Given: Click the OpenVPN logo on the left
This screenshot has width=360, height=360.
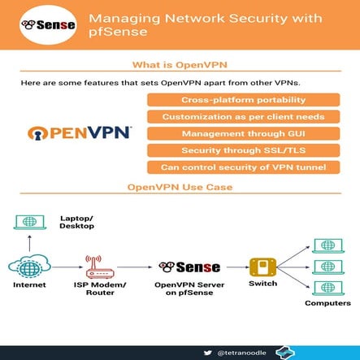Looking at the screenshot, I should pyautogui.click(x=78, y=133).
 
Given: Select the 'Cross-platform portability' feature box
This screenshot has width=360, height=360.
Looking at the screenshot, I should pyautogui.click(x=243, y=100).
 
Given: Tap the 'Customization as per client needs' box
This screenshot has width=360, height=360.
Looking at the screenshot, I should pyautogui.click(x=243, y=117).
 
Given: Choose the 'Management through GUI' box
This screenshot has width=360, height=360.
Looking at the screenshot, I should pyautogui.click(x=243, y=133).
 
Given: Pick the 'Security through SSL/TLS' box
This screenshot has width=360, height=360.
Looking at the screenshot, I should pyautogui.click(x=243, y=150).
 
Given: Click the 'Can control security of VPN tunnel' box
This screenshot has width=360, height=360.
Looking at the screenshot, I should pyautogui.click(x=243, y=167).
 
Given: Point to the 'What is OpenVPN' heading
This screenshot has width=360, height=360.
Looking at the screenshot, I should pyautogui.click(x=180, y=65).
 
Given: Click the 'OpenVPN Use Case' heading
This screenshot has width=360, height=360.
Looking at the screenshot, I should pyautogui.click(x=180, y=187).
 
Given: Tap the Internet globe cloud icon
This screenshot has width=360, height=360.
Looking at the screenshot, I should pyautogui.click(x=29, y=267).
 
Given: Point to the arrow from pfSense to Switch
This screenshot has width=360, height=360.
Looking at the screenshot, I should pyautogui.click(x=235, y=267).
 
